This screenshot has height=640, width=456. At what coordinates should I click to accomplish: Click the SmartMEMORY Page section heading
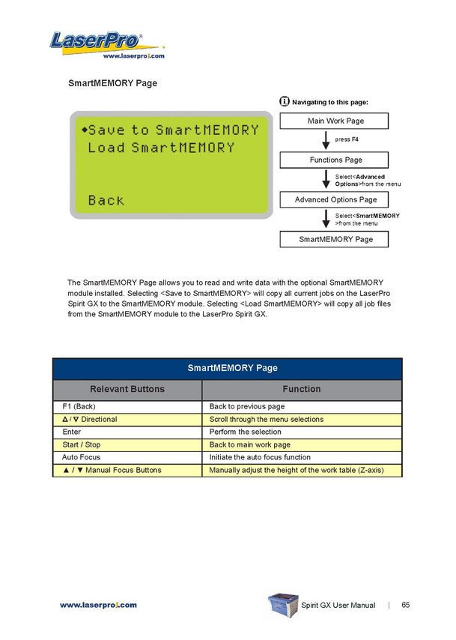click(112, 83)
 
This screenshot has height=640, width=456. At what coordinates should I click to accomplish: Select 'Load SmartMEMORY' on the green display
click(161, 148)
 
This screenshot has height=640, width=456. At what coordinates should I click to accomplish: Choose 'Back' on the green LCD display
click(106, 200)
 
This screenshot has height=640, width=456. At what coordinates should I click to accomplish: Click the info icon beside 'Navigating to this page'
click(285, 101)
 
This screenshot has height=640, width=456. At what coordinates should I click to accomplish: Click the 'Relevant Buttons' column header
click(127, 389)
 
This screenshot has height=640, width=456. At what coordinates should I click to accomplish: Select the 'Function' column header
click(302, 389)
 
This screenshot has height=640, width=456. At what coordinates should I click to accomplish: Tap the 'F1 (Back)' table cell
click(127, 406)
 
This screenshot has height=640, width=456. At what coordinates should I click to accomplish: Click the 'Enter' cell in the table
click(127, 432)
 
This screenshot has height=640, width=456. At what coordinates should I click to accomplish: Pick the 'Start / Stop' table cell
click(127, 444)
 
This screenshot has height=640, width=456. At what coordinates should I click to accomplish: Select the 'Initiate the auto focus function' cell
click(302, 457)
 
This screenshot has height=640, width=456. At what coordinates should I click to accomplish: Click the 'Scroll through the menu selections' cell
click(302, 419)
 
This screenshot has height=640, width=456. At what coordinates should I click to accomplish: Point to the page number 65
click(405, 605)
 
